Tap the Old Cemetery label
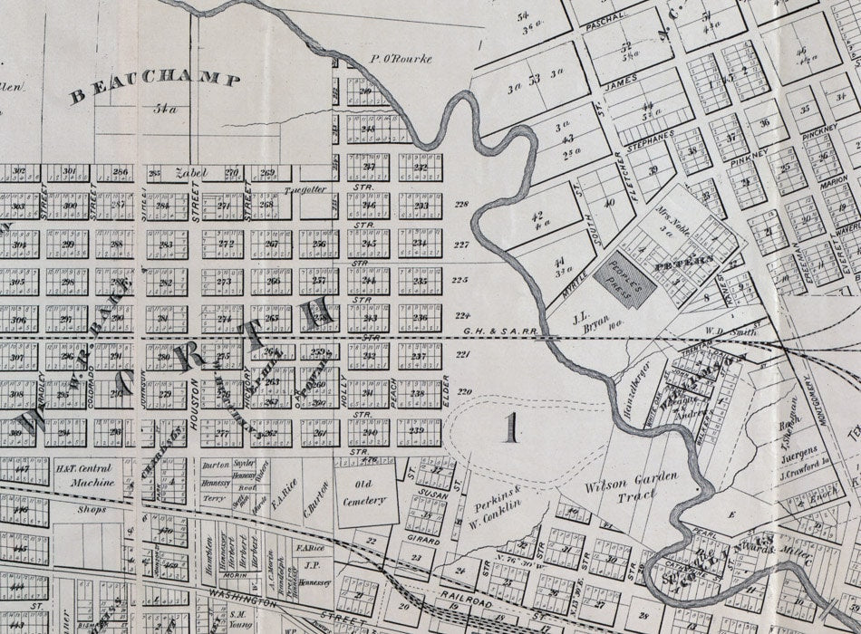pyautogui.click(x=366, y=495)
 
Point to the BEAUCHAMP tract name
pyautogui.click(x=156, y=86)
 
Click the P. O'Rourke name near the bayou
pyautogui.click(x=400, y=60)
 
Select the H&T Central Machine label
pyautogui.click(x=84, y=475)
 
